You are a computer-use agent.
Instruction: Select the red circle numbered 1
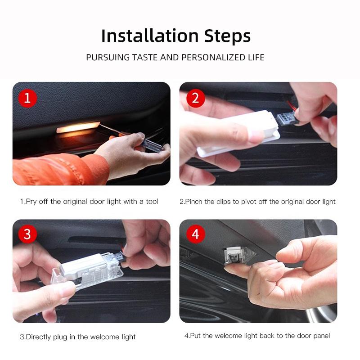click(x=27, y=98)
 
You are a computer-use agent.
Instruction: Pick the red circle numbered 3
click(x=27, y=234)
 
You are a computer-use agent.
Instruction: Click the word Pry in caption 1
click(x=30, y=202)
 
